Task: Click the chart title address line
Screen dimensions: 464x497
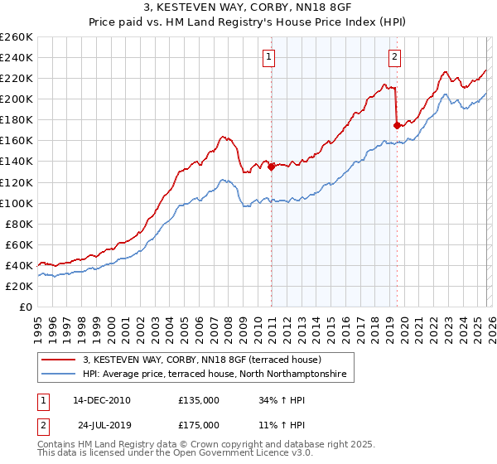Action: [248, 9]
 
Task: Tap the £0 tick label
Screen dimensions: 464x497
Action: [25, 307]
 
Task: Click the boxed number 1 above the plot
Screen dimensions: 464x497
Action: [270, 57]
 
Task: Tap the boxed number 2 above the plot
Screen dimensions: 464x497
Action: [394, 57]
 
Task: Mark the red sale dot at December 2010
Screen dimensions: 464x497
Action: [271, 166]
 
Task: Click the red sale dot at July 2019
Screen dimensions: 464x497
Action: [397, 125]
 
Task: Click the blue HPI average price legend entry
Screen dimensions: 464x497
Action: [218, 375]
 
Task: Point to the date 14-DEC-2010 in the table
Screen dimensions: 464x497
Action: [102, 400]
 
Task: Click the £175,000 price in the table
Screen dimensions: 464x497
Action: [199, 424]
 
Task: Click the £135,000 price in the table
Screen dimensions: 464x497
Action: [199, 400]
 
